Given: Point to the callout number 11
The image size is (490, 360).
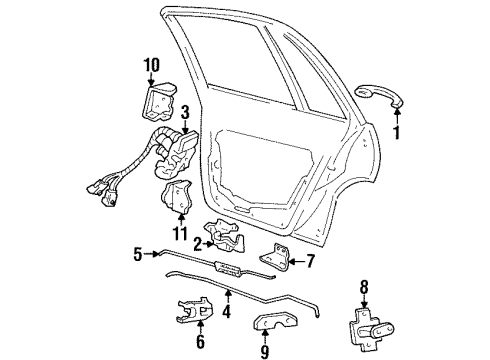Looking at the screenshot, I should pyautogui.click(x=179, y=234).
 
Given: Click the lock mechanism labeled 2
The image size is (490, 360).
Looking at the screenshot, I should pyautogui.click(x=228, y=237).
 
